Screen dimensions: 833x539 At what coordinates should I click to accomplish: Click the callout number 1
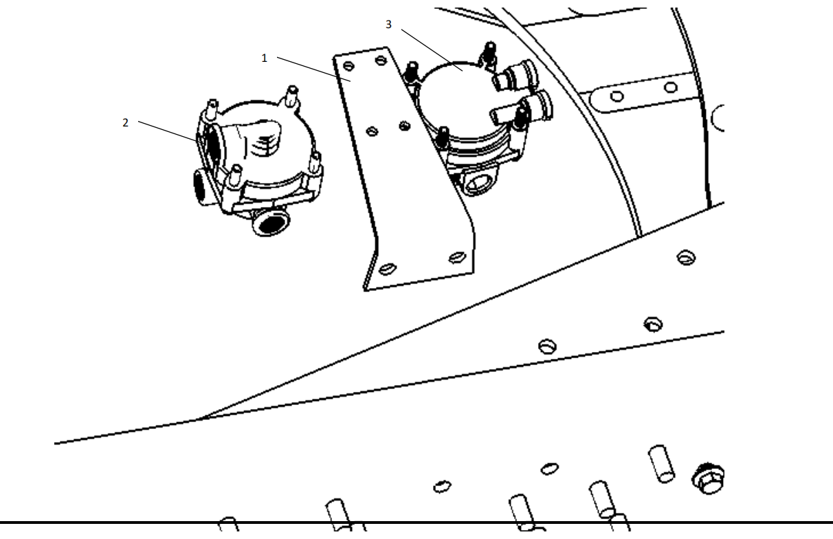[x=264, y=58]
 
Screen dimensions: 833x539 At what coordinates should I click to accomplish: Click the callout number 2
[x=125, y=123]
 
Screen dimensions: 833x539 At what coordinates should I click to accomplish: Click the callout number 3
[x=388, y=25]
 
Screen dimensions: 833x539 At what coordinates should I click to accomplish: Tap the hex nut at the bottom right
[x=709, y=479]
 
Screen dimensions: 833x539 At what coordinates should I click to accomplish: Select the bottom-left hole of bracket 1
[x=387, y=269]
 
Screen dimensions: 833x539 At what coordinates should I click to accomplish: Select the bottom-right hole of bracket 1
[x=458, y=257]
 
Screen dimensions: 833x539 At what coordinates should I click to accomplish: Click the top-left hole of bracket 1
[x=348, y=66]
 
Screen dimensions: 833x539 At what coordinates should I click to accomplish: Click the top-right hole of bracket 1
[x=381, y=60]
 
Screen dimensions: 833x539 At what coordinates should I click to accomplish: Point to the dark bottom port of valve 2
[x=270, y=223]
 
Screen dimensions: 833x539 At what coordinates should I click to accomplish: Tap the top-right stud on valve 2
[x=292, y=96]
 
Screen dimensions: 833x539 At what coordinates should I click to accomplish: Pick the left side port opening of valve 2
[x=200, y=187]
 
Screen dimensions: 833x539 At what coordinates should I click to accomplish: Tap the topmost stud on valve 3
[x=489, y=53]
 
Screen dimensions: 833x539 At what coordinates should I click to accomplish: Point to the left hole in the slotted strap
[x=617, y=96]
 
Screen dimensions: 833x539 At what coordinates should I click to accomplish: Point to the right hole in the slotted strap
[x=670, y=88]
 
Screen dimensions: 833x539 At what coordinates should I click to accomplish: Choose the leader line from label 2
[x=168, y=131]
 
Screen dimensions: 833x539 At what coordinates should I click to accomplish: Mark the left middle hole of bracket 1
[x=373, y=131]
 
